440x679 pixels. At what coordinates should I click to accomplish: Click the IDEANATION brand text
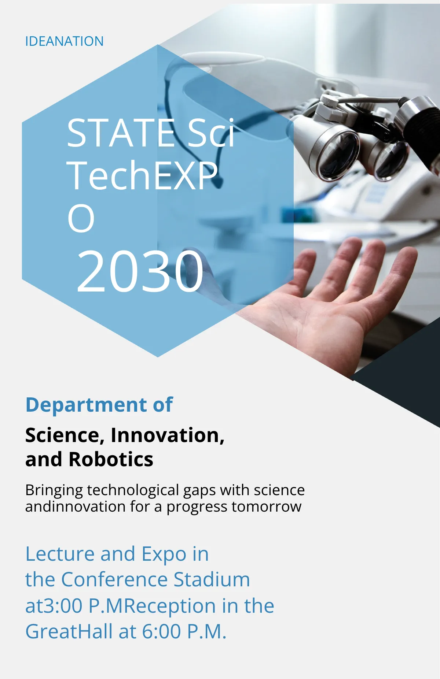64,41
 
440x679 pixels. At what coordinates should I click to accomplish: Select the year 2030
140,271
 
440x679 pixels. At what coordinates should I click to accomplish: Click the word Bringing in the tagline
54,490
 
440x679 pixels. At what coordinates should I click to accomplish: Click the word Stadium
212,580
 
